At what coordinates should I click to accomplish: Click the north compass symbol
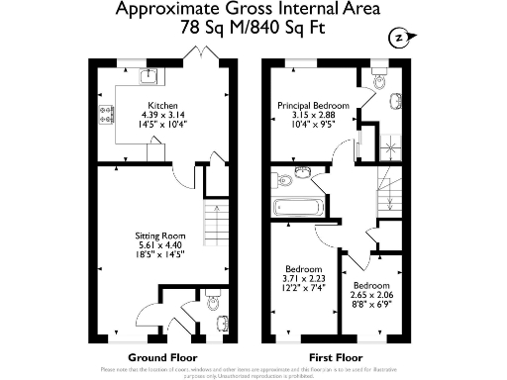398,38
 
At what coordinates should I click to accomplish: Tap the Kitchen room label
162,105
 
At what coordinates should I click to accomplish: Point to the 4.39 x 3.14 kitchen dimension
162,115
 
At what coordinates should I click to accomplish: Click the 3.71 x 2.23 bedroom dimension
303,278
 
